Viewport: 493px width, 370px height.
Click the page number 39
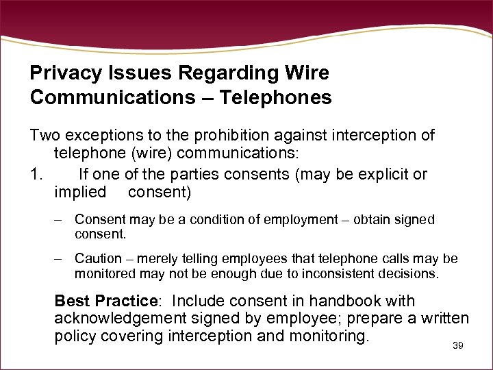(458, 346)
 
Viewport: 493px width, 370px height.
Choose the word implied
(80, 192)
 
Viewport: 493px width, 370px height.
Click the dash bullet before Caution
(60, 259)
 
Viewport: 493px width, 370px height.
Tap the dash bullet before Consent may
(60, 220)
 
